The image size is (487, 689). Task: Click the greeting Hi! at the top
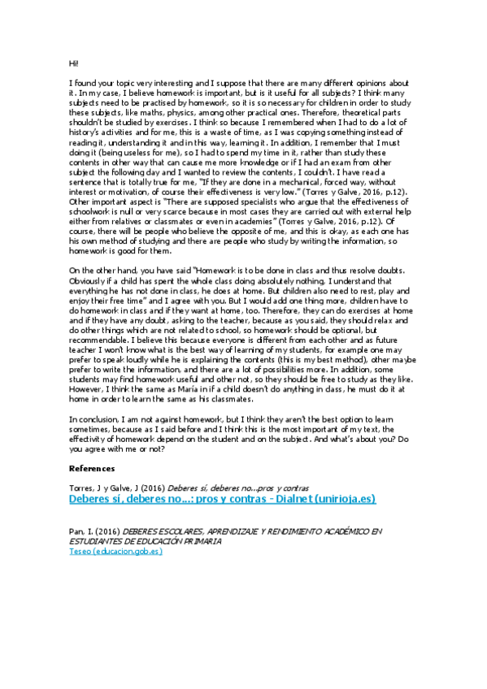[73, 63]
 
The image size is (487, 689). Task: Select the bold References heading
[92, 468]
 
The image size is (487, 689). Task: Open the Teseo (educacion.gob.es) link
[115, 551]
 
